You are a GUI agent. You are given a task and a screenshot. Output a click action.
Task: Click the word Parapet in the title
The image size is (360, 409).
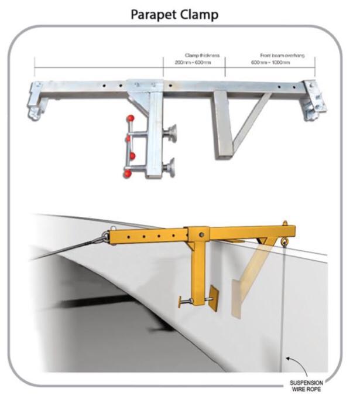click(154, 15)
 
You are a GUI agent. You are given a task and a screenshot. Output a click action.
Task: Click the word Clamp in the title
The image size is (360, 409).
click(199, 15)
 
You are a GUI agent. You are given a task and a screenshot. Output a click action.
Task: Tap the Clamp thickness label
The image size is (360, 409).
click(202, 55)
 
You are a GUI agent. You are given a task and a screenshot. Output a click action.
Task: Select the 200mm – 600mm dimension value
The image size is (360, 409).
click(193, 62)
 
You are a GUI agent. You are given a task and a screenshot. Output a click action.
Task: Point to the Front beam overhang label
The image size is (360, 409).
click(282, 55)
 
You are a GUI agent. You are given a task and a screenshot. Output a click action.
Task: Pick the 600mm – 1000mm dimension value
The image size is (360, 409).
click(270, 62)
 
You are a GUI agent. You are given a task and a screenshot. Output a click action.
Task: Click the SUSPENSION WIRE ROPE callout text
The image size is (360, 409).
click(306, 386)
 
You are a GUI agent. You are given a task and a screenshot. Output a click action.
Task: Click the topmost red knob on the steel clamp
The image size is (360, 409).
click(131, 118)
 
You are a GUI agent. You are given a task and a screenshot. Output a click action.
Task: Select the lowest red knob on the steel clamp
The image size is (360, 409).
click(127, 174)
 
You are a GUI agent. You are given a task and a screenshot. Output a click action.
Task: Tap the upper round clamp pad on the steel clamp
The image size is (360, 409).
click(172, 133)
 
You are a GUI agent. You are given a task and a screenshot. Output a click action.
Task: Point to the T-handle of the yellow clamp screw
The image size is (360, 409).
click(181, 302)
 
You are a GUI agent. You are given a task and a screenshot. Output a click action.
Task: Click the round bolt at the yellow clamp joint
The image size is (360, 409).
click(201, 235)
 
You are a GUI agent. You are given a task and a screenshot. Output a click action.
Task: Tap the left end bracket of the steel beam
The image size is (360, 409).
click(36, 100)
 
